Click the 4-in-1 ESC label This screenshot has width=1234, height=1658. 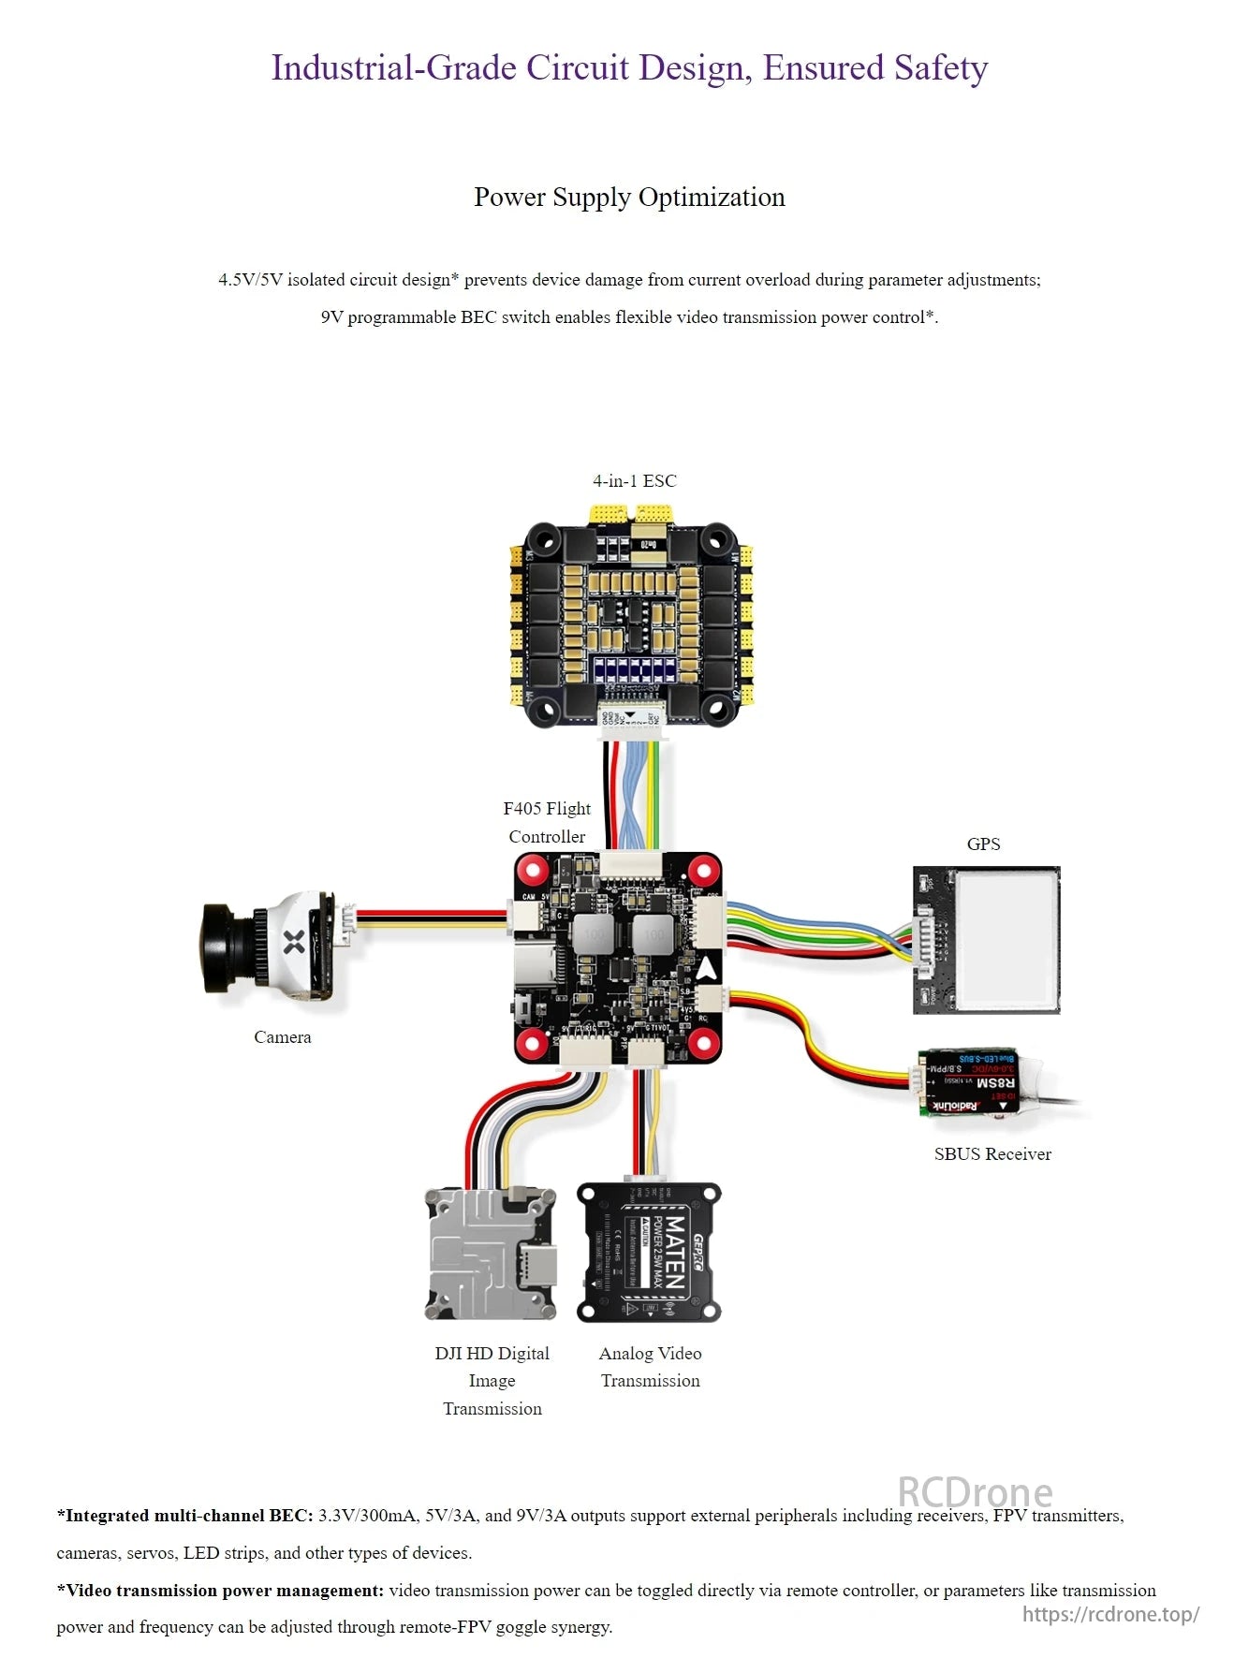coord(634,480)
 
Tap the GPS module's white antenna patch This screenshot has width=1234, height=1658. coord(1006,938)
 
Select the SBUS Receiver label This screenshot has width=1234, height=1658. coord(992,1153)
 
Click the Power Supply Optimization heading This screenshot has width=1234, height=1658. coord(628,197)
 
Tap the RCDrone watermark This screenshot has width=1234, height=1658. coord(974,1492)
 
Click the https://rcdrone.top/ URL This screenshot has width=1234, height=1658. coord(1109,1613)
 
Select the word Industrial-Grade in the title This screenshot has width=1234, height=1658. coord(393,67)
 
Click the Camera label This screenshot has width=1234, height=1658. coord(282,1036)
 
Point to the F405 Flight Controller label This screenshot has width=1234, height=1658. coord(547,822)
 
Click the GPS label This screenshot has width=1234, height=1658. coord(983,844)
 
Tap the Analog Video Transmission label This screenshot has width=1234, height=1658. coord(650,1366)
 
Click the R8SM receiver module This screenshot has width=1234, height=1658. coord(974,1082)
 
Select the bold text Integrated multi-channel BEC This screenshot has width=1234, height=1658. coord(185,1515)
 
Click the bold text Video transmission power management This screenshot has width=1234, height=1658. coord(221,1590)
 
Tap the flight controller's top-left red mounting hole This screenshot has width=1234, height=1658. coord(534,872)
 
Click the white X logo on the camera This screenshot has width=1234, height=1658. coord(294,942)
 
